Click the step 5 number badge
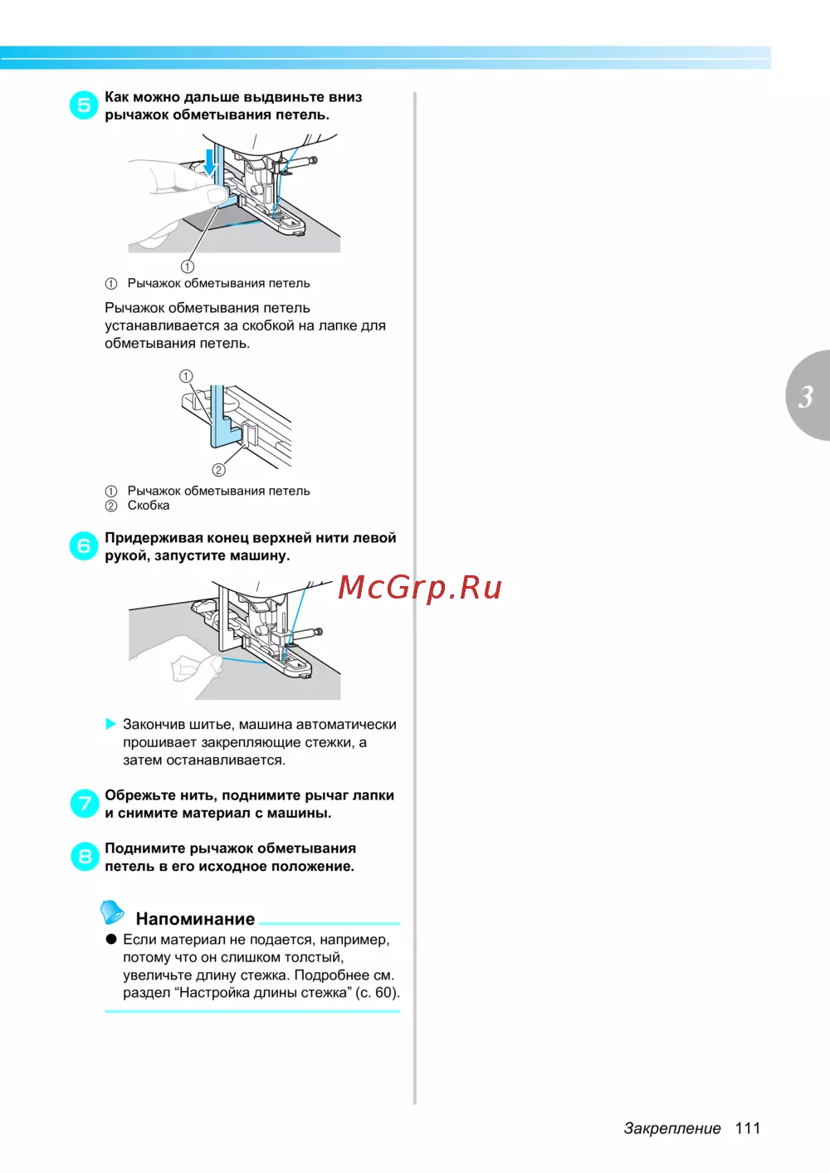[84, 105]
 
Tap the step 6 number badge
[84, 545]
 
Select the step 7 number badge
[85, 804]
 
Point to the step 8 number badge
[85, 857]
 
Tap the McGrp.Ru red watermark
[420, 587]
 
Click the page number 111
[747, 1128]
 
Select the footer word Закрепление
[671, 1128]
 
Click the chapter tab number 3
[806, 397]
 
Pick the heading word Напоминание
[195, 918]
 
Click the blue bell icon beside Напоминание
[112, 912]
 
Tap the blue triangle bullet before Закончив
[110, 724]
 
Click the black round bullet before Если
[111, 939]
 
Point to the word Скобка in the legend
[149, 506]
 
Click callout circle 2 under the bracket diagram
[218, 470]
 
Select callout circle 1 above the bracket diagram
[186, 376]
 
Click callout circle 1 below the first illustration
[188, 266]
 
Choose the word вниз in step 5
[345, 97]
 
